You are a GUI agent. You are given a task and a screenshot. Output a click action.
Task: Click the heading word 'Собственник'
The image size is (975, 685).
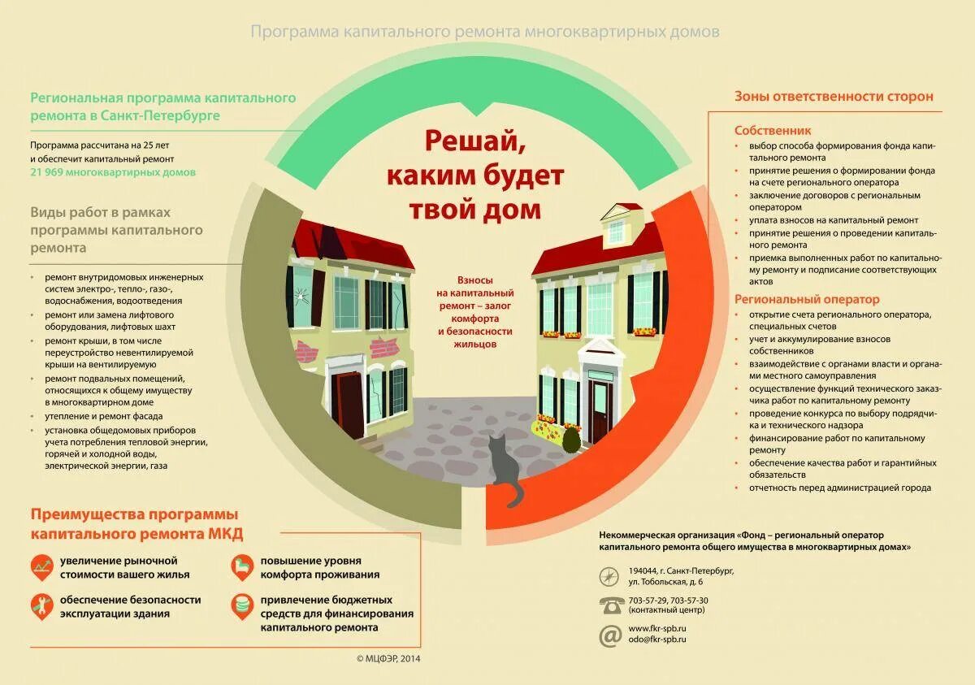[x=773, y=130]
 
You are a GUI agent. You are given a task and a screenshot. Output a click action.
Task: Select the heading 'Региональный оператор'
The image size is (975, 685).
[x=807, y=299]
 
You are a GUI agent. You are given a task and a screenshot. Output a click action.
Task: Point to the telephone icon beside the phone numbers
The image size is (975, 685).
[x=610, y=605]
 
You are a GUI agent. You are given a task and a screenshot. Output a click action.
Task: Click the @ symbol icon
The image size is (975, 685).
[x=610, y=635]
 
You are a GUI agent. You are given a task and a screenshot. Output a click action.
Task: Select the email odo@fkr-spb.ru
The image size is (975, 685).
[x=657, y=639]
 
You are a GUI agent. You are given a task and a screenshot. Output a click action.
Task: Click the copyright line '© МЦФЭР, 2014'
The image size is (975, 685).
[x=389, y=658]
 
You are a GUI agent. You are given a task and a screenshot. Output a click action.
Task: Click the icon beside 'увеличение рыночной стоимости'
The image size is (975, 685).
[x=41, y=566]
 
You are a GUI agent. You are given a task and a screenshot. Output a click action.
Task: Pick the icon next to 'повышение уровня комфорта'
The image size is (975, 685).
[x=242, y=566]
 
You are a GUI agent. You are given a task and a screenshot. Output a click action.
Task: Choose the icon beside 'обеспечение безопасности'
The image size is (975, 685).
[x=41, y=605]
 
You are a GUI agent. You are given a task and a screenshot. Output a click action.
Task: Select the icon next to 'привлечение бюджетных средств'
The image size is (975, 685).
[x=242, y=605]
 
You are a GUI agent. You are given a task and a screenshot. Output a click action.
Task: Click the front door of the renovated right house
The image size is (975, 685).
[x=600, y=410]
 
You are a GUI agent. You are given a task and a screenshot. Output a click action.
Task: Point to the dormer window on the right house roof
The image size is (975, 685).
[x=617, y=230]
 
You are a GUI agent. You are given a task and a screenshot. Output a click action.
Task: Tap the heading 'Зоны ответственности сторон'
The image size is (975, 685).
[x=834, y=96]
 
